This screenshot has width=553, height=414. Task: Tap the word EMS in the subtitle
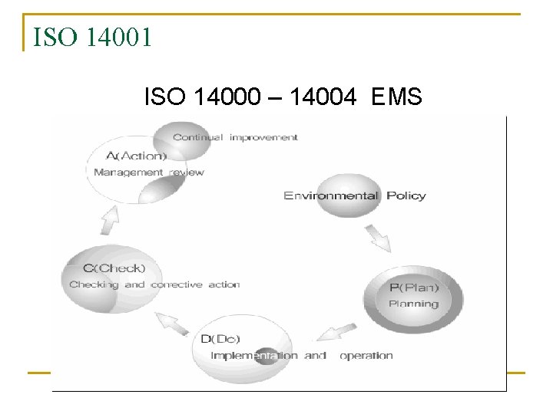pos(396,97)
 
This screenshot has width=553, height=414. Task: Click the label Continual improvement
pos(235,137)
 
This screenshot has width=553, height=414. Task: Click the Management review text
pos(148,172)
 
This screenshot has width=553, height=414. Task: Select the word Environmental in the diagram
pos(331,195)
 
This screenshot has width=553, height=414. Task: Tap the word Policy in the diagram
pos(406,195)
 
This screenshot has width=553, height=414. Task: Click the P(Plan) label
pos(413,287)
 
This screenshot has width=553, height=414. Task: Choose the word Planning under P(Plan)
pos(413,304)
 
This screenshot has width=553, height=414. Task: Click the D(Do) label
pos(217,340)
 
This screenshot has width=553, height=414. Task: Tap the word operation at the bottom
pos(366,356)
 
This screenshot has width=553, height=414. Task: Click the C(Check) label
pos(114,268)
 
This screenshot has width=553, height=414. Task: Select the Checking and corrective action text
pos(154,284)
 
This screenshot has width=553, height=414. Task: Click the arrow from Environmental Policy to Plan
pos(377,237)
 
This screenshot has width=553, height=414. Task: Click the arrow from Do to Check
pos(175,324)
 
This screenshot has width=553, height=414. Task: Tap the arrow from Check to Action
pos(109,220)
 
